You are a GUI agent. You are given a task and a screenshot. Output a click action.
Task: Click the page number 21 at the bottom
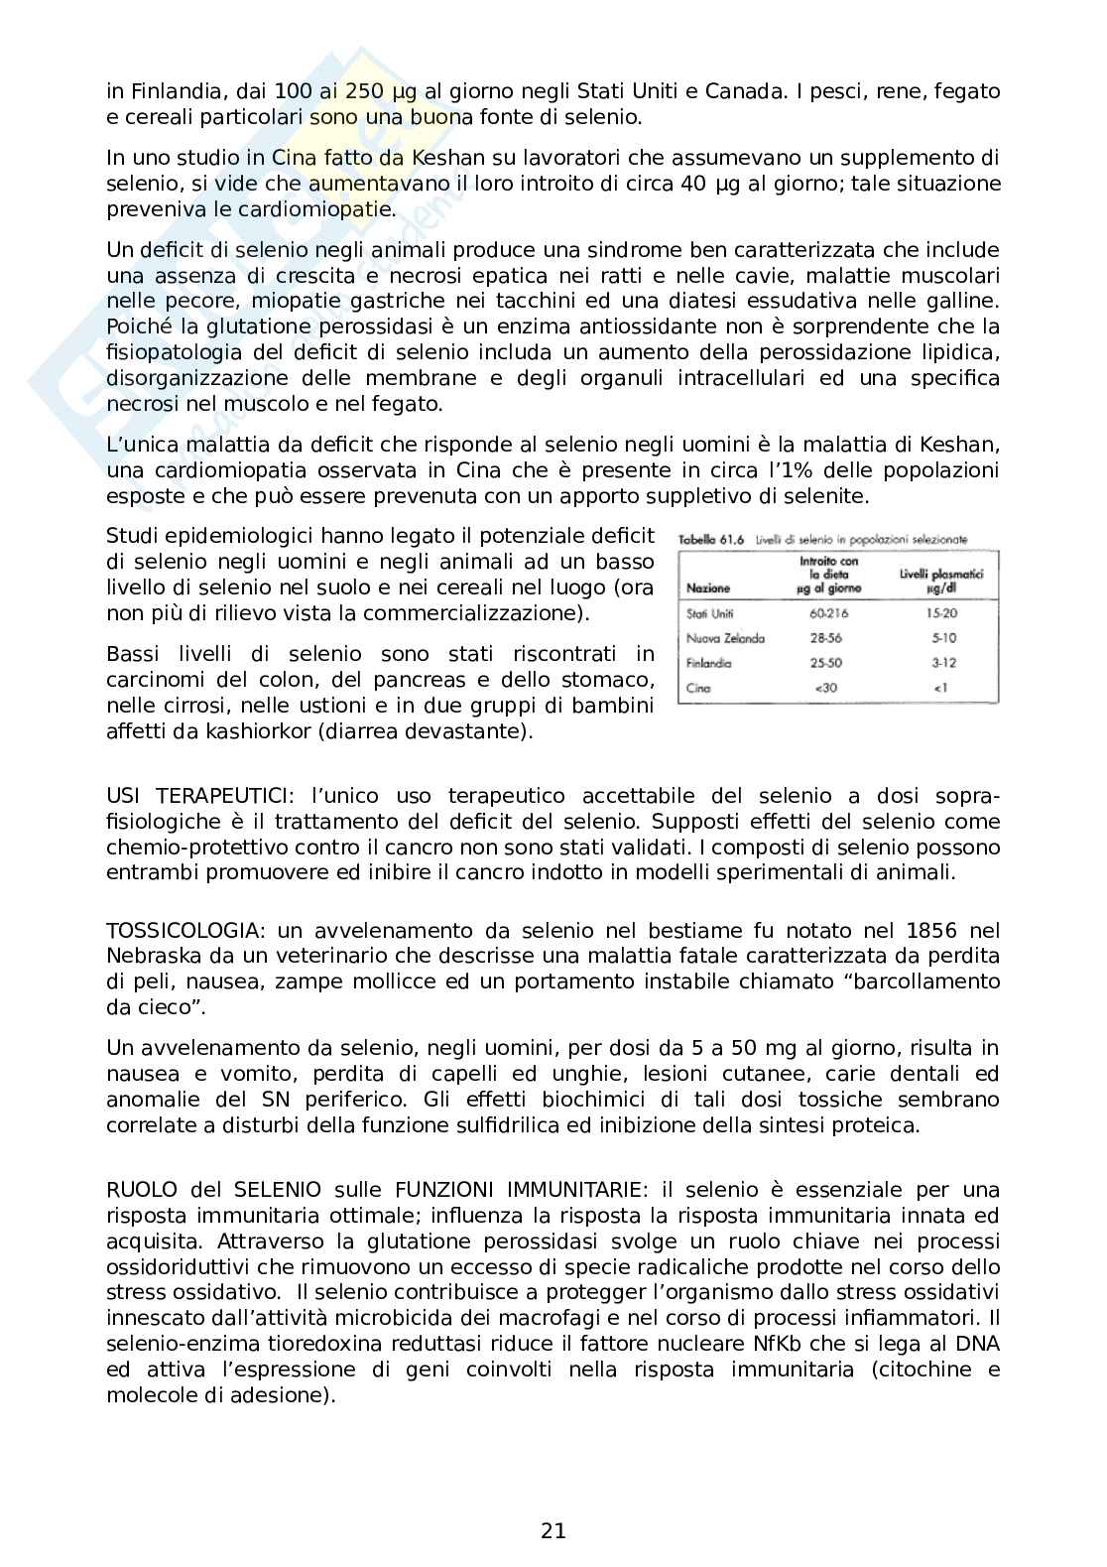553,1530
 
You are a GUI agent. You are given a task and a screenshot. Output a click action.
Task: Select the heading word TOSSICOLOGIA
184,930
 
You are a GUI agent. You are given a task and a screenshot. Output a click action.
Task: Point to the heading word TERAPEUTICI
225,796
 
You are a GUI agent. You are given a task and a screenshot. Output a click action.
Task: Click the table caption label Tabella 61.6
712,540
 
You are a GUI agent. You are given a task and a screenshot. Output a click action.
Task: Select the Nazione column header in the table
708,588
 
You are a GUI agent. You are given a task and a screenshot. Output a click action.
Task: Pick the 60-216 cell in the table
829,613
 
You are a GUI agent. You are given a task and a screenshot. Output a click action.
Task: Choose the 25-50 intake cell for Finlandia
828,663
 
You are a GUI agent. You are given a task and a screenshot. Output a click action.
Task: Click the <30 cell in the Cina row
828,688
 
